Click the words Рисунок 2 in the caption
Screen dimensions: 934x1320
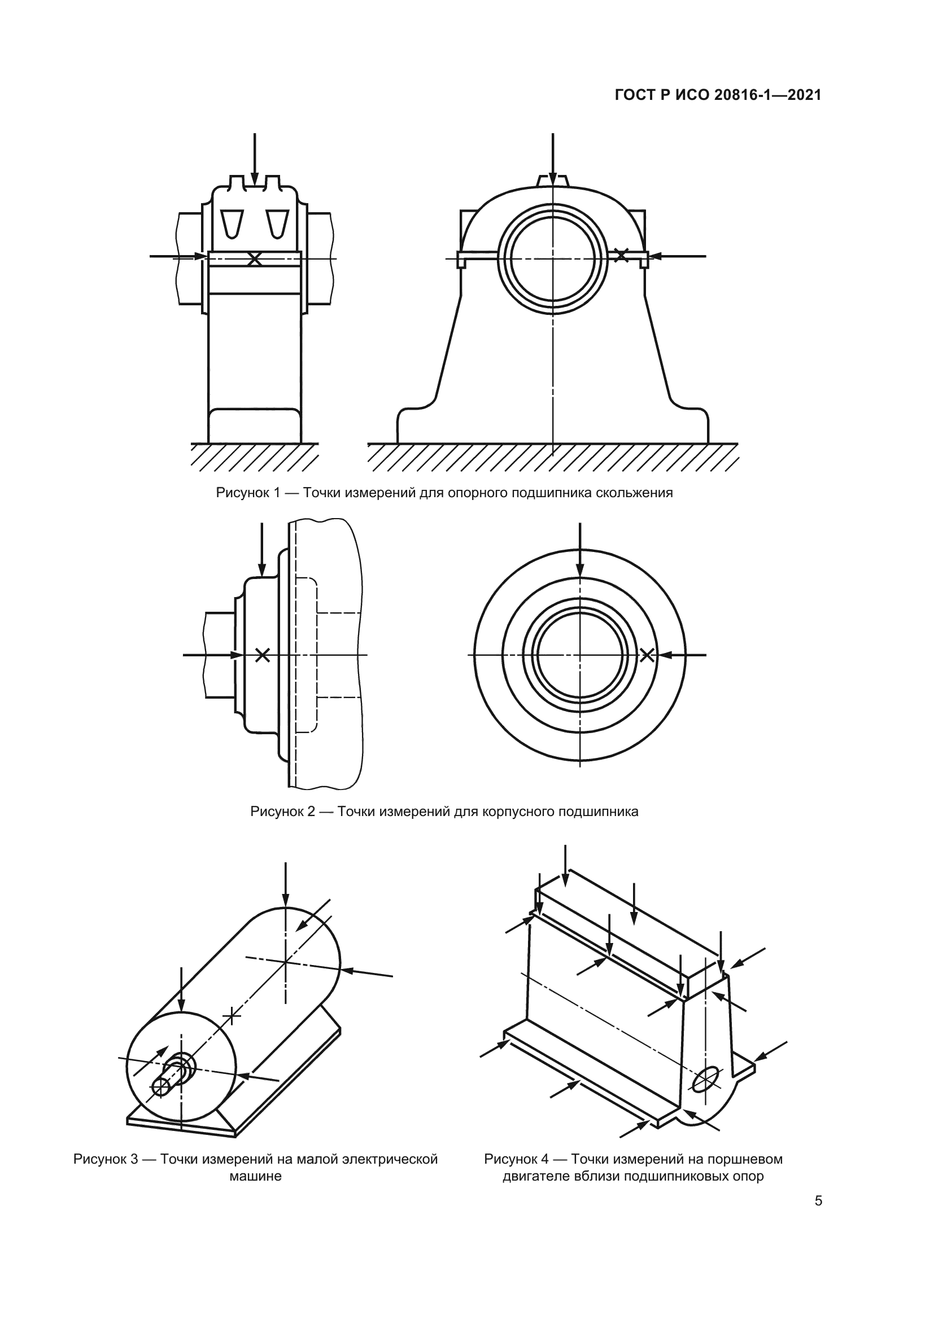(282, 812)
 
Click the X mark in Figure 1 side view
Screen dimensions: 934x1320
(254, 259)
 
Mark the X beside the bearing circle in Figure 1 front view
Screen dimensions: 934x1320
(621, 255)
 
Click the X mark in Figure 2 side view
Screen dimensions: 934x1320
(262, 654)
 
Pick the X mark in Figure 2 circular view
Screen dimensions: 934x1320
(647, 654)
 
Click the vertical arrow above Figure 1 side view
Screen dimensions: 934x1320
(254, 160)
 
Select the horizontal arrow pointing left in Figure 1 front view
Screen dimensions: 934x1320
(678, 256)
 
